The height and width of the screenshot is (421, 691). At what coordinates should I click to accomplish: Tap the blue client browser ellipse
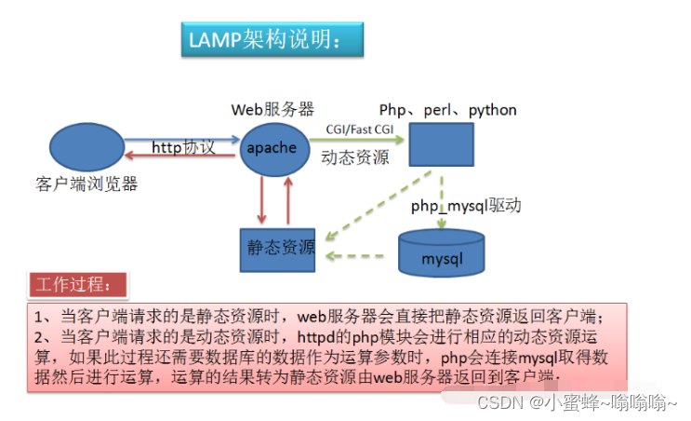coord(86,146)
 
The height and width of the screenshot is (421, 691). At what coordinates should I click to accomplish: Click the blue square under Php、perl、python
coord(442,144)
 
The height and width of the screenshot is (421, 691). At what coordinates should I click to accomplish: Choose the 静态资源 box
coord(277,249)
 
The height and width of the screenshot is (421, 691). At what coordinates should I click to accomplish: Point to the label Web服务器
coord(272,110)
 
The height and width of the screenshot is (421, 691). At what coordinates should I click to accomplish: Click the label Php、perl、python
coord(448,110)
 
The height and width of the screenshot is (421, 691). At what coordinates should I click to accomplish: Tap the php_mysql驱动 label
coord(466,206)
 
